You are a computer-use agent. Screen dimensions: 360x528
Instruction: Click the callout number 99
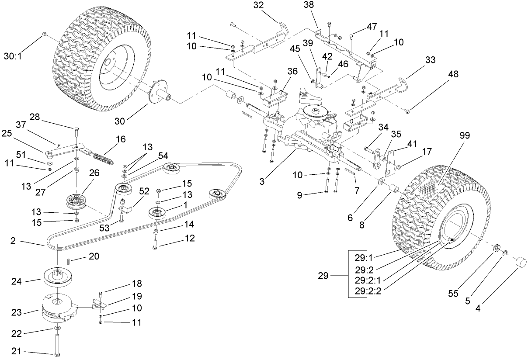pyautogui.click(x=465, y=135)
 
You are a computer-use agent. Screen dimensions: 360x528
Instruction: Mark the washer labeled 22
pyautogui.click(x=58, y=328)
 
